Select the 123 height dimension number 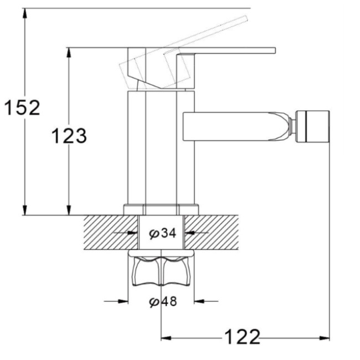coord(69,135)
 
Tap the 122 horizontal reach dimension coord(241,336)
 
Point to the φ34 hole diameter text coord(162,233)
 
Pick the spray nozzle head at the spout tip coord(313,127)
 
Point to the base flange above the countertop coord(161,209)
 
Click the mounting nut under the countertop coord(161,271)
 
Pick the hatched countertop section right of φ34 coord(213,233)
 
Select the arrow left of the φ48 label coord(123,301)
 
